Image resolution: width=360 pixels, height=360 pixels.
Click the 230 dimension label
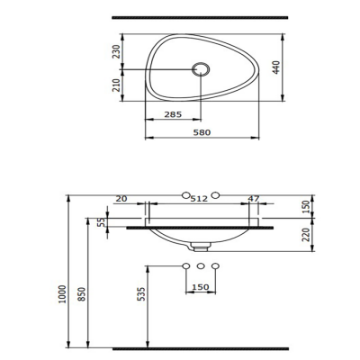[116, 51]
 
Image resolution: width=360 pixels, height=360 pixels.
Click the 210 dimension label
[116, 85]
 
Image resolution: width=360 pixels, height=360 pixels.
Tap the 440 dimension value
[276, 67]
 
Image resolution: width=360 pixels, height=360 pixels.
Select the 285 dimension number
[173, 114]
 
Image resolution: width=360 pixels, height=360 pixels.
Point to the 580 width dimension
[202, 132]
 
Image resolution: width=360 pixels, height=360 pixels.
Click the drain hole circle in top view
[201, 69]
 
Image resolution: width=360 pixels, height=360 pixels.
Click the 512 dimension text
[199, 198]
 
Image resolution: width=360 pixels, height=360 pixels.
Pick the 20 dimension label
[121, 198]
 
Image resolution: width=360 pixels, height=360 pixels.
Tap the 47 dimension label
[254, 198]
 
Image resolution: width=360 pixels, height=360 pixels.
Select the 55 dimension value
[102, 221]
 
